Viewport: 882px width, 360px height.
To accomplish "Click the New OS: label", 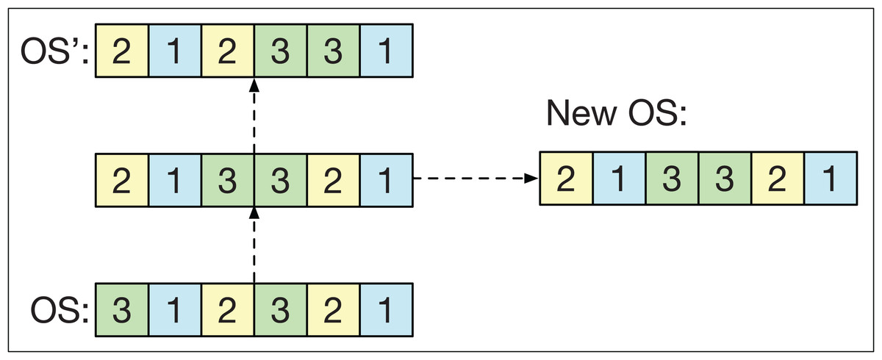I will pyautogui.click(x=616, y=115).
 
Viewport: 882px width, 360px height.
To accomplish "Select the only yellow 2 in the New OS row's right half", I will pyautogui.click(x=778, y=179).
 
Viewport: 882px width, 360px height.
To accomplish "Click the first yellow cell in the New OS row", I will pyautogui.click(x=566, y=179).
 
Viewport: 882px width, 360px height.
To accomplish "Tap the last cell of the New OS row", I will pyautogui.click(x=831, y=179).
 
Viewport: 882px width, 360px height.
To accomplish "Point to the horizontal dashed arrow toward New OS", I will pyautogui.click(x=475, y=179).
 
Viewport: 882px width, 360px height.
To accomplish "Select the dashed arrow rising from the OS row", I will pyautogui.click(x=254, y=245).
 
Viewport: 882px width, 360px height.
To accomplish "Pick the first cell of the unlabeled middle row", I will pyautogui.click(x=122, y=179).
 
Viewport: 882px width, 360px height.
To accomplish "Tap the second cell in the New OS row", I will pyautogui.click(x=619, y=179).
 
